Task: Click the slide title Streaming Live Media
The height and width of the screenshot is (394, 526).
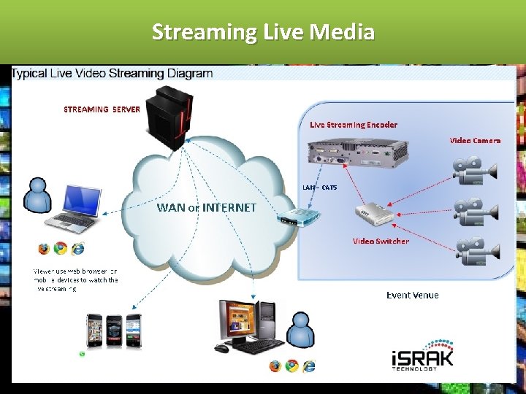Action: click(x=263, y=32)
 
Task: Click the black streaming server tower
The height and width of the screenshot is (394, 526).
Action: click(x=168, y=117)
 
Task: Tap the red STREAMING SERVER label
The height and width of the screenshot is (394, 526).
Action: click(x=102, y=109)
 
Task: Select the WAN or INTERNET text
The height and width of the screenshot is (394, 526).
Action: click(x=207, y=207)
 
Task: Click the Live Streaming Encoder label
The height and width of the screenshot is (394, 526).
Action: click(x=354, y=125)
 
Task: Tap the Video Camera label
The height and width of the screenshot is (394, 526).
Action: click(x=475, y=140)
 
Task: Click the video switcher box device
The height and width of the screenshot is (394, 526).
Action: click(x=375, y=213)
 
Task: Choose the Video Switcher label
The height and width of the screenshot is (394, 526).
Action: click(x=381, y=241)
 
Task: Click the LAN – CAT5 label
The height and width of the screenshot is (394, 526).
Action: click(x=320, y=188)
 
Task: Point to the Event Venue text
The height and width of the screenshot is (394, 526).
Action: click(x=412, y=295)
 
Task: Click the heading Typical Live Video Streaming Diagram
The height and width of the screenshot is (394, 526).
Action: click(x=113, y=73)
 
